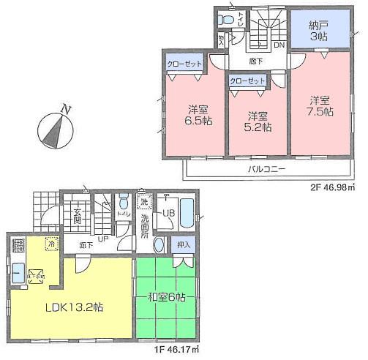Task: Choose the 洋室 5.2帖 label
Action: (x=258, y=121)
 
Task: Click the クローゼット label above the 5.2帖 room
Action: (x=247, y=81)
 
